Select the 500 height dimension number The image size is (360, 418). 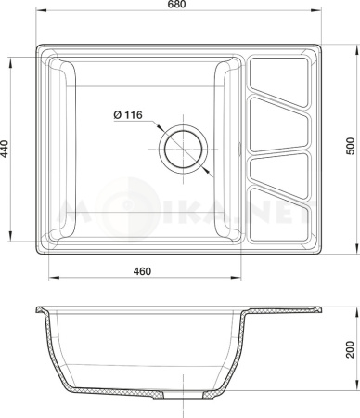349,150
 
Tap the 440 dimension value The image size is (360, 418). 8,150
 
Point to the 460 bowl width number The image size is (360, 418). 142,271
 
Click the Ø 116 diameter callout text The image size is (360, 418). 126,114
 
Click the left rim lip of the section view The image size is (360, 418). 40,308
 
